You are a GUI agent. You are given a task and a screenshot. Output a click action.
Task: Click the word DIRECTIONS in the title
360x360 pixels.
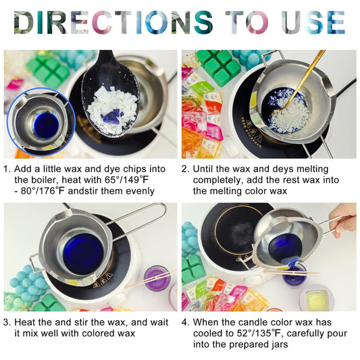point(113,22)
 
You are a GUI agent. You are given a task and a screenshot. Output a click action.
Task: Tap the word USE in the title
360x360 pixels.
point(313,22)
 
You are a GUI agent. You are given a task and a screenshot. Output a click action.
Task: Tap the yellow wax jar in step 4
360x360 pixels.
point(317,298)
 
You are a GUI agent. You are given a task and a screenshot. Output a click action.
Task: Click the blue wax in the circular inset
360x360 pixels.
point(46,126)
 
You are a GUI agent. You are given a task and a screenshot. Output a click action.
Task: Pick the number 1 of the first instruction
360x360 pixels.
point(6,169)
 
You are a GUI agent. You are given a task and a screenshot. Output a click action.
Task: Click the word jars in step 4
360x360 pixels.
point(278,344)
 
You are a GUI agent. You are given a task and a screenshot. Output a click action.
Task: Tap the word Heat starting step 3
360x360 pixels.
point(24,322)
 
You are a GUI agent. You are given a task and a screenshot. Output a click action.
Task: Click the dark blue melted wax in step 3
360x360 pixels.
point(83,251)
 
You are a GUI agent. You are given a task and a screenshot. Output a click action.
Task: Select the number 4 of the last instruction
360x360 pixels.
point(184,322)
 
